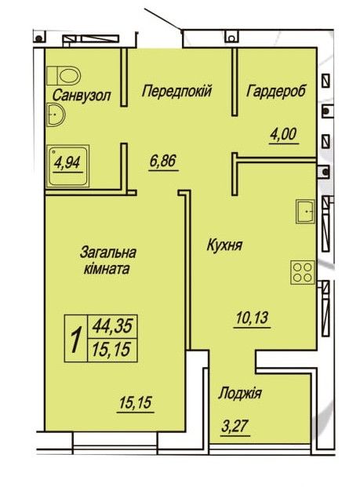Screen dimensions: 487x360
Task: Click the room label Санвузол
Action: (82, 96)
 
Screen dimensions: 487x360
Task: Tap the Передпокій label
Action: (176, 92)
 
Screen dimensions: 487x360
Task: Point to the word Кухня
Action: (224, 245)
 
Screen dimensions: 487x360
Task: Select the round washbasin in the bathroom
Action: (55, 117)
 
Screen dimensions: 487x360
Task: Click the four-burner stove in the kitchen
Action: (302, 271)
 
